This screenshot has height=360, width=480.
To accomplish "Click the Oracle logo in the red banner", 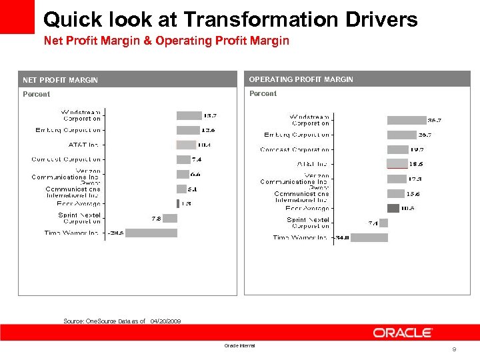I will click(x=403, y=333).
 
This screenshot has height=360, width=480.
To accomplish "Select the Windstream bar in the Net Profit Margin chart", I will click(x=189, y=116).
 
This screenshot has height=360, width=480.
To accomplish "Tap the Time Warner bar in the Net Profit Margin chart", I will click(x=151, y=233).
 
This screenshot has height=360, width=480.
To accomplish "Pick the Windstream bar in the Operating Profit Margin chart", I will click(x=406, y=121).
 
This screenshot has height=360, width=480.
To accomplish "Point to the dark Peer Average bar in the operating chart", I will click(x=393, y=208).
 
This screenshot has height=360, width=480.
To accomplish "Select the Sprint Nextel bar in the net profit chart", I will click(x=170, y=218).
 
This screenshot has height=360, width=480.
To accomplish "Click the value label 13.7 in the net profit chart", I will click(x=209, y=116).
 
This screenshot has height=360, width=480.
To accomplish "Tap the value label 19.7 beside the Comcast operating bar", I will click(x=417, y=150).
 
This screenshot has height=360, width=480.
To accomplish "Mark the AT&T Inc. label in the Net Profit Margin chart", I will click(x=84, y=145).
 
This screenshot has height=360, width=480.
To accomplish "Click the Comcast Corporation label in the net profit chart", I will click(x=66, y=159).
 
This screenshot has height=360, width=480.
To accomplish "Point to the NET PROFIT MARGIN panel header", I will click(x=60, y=80).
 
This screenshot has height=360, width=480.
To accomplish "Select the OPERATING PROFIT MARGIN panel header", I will click(x=301, y=79).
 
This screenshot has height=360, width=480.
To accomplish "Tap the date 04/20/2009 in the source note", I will click(x=165, y=321).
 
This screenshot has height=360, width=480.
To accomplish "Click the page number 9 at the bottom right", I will click(x=454, y=350).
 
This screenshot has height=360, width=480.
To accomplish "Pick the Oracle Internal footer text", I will click(x=239, y=345).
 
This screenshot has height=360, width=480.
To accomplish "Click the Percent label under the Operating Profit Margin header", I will click(x=263, y=94).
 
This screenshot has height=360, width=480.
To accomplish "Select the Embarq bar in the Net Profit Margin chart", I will click(x=188, y=130).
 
